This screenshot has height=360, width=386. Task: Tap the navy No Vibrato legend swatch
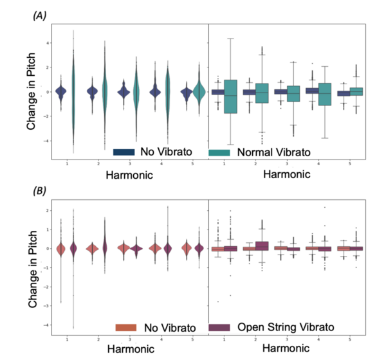pyautogui.click(x=122, y=152)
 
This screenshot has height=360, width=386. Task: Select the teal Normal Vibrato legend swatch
pyautogui.click(x=219, y=152)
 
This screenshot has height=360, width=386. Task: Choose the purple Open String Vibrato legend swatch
pyautogui.click(x=219, y=328)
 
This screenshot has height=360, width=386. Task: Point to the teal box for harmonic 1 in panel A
pyautogui.click(x=231, y=96)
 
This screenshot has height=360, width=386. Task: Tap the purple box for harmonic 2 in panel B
pyautogui.click(x=261, y=245)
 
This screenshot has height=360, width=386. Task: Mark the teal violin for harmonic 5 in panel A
pyautogui.click(x=199, y=92)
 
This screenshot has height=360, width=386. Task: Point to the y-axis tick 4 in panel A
pyautogui.click(x=47, y=43)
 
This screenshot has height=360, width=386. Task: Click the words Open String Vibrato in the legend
pyautogui.click(x=280, y=328)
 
